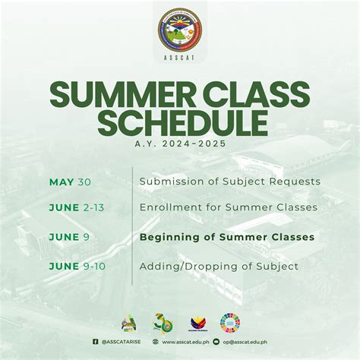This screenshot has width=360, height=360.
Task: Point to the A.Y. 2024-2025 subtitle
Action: tap(180, 142)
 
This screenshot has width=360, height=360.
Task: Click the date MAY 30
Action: tap(69, 182)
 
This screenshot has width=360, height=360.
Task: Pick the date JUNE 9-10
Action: tap(80, 266)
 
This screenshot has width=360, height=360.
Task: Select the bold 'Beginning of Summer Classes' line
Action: tap(226, 237)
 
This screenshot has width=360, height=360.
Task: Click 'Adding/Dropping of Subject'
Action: tap(219, 266)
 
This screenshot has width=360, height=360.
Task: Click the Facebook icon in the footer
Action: tap(96, 342)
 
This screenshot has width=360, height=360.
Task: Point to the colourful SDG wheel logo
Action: tap(230, 322)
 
